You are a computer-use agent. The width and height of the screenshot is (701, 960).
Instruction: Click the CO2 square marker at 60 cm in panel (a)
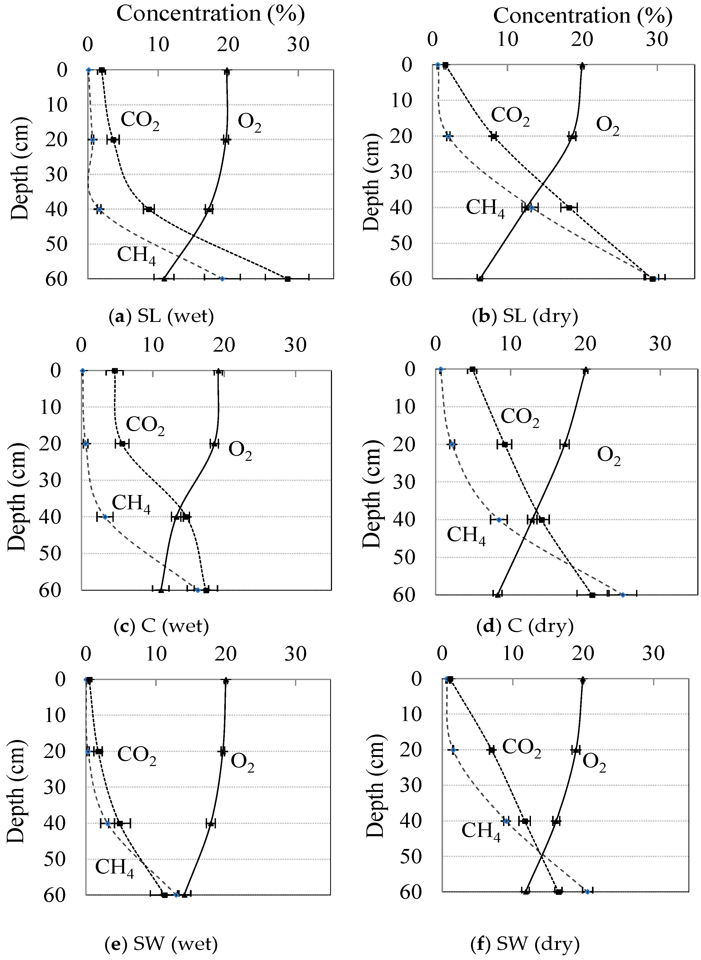pos(287,279)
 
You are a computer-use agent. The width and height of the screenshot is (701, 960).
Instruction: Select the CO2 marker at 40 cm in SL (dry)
pos(569,207)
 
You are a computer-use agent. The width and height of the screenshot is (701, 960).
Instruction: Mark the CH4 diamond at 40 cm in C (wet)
pos(105,516)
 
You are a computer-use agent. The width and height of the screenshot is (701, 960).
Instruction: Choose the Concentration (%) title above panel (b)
pos(582,16)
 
